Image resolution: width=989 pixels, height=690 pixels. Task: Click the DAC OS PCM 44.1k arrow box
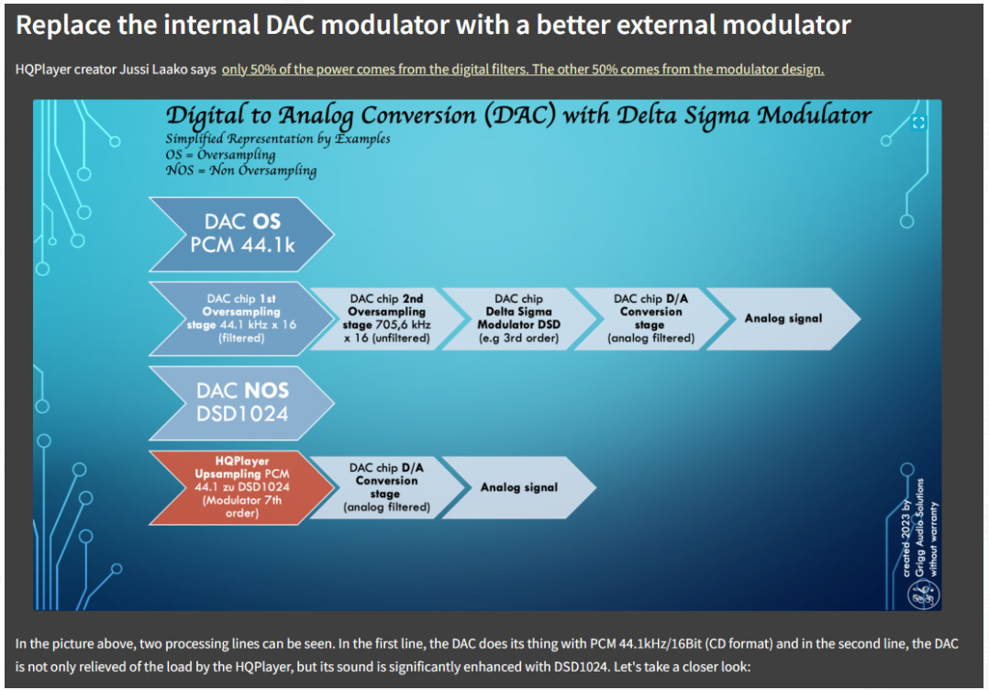242,234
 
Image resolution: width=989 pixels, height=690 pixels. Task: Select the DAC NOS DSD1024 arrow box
242,403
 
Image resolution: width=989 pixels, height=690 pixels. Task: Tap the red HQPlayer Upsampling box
242,487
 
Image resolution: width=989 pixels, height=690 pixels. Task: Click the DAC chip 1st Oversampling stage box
242,318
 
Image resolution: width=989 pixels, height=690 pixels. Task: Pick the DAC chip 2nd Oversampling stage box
387,318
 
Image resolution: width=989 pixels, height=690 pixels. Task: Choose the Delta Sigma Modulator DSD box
519,318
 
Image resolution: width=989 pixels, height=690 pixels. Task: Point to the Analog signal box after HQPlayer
519,487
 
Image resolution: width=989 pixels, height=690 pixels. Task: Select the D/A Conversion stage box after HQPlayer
387,487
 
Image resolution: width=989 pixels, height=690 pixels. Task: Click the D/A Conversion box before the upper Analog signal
651,318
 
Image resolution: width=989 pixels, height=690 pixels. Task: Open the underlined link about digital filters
523,70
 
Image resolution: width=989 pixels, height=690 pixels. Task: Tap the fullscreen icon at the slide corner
918,123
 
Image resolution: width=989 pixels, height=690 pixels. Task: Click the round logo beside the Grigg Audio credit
923,595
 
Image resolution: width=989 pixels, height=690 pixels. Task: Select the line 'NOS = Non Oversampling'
241,171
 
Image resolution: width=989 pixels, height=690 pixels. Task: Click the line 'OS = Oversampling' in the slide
221,154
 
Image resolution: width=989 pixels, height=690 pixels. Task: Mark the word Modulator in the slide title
815,116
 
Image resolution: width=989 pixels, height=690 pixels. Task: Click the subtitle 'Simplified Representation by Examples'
278,139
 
